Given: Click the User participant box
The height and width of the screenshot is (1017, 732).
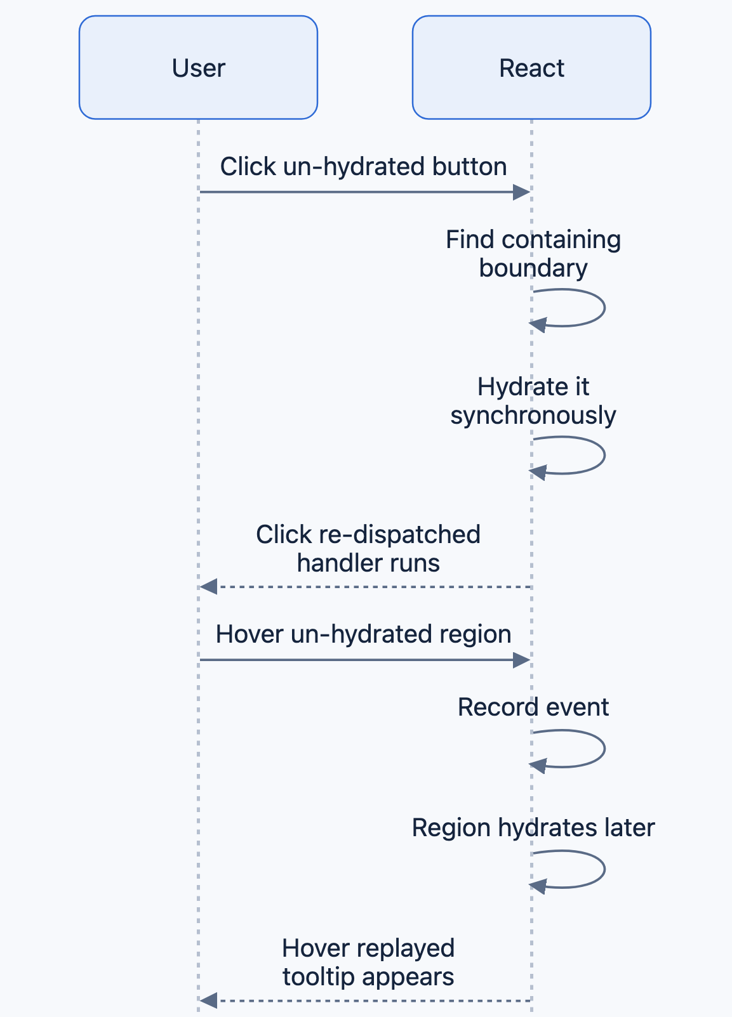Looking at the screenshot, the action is [198, 68].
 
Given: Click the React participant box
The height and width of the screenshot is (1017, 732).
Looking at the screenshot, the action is [531, 68].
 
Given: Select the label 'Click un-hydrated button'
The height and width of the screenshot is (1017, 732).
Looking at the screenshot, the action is [364, 167].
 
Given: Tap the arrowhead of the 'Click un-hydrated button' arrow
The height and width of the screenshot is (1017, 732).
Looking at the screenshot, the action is [522, 192].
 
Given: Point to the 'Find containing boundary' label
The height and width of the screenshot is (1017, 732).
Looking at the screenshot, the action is [533, 253].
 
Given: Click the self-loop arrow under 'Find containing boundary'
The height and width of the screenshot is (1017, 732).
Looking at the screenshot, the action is [604, 308].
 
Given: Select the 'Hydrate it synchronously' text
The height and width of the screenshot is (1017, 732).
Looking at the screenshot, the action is [533, 401].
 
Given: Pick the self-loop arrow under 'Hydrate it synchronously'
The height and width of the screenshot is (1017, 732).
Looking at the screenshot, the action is [604, 456].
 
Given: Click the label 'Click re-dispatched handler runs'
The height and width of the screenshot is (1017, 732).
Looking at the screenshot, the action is [368, 548].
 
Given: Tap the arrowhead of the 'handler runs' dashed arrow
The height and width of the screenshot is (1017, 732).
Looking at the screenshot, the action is [209, 587].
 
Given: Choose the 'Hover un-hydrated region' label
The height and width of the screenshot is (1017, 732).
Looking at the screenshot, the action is [364, 634].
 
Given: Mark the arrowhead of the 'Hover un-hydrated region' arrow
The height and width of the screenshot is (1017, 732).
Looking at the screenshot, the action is [522, 660].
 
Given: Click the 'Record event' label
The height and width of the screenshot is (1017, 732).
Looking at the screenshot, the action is [533, 707].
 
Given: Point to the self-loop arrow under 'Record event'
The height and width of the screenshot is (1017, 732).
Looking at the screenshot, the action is [604, 749].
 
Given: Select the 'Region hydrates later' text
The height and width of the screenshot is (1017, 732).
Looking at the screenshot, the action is [533, 827].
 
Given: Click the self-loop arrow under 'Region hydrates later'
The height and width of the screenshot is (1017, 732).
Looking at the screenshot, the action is [604, 869].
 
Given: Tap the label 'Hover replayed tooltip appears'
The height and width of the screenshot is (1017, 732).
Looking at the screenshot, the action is [368, 962].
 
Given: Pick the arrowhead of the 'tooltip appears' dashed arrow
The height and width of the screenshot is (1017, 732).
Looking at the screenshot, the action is [209, 1001].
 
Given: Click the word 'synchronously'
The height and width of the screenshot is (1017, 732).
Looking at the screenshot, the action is [533, 416].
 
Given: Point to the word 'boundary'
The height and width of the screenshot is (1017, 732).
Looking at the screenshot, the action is [533, 268].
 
